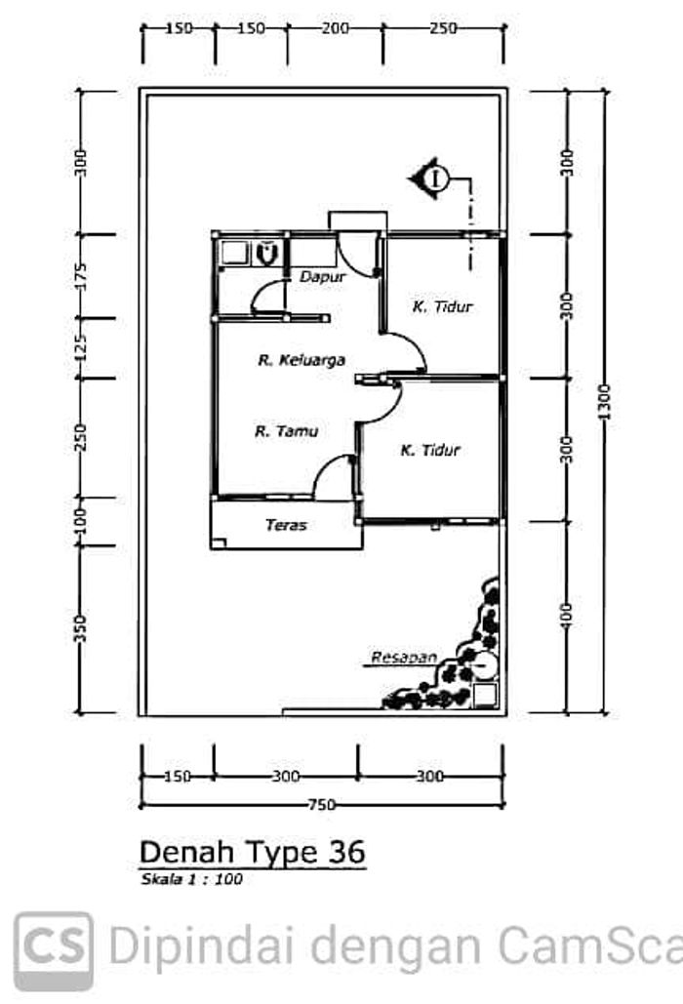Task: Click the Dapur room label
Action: pos(323,277)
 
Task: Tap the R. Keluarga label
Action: pos(301,360)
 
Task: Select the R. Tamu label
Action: pos(286,431)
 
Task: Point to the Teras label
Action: pos(286,525)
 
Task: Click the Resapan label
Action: pos(404,657)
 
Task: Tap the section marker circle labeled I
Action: pos(438,178)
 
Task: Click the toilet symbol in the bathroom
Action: pos(265,253)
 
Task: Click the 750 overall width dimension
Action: pos(321,805)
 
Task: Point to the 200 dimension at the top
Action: pos(336,28)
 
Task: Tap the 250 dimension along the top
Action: pos(444,28)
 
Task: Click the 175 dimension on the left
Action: pos(80,276)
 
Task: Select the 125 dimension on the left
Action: pos(80,347)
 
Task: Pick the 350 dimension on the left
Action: pos(80,628)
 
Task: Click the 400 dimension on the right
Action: pos(567,616)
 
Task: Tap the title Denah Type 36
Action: pos(252,852)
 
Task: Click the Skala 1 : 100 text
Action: pos(191,879)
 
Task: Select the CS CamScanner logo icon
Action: pos(54,950)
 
